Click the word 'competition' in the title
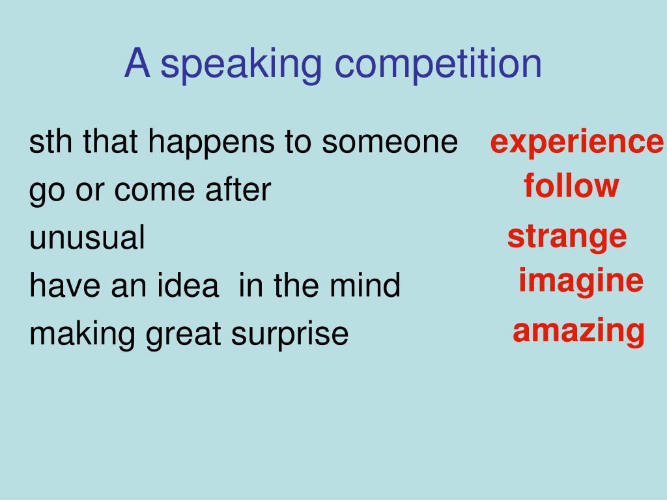point(438,64)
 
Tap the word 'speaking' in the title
point(241,64)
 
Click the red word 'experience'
point(576,143)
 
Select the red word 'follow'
point(571,186)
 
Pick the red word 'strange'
point(567,237)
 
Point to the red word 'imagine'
point(580,281)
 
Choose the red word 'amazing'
point(578,331)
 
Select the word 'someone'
point(390,143)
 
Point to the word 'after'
point(238,189)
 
